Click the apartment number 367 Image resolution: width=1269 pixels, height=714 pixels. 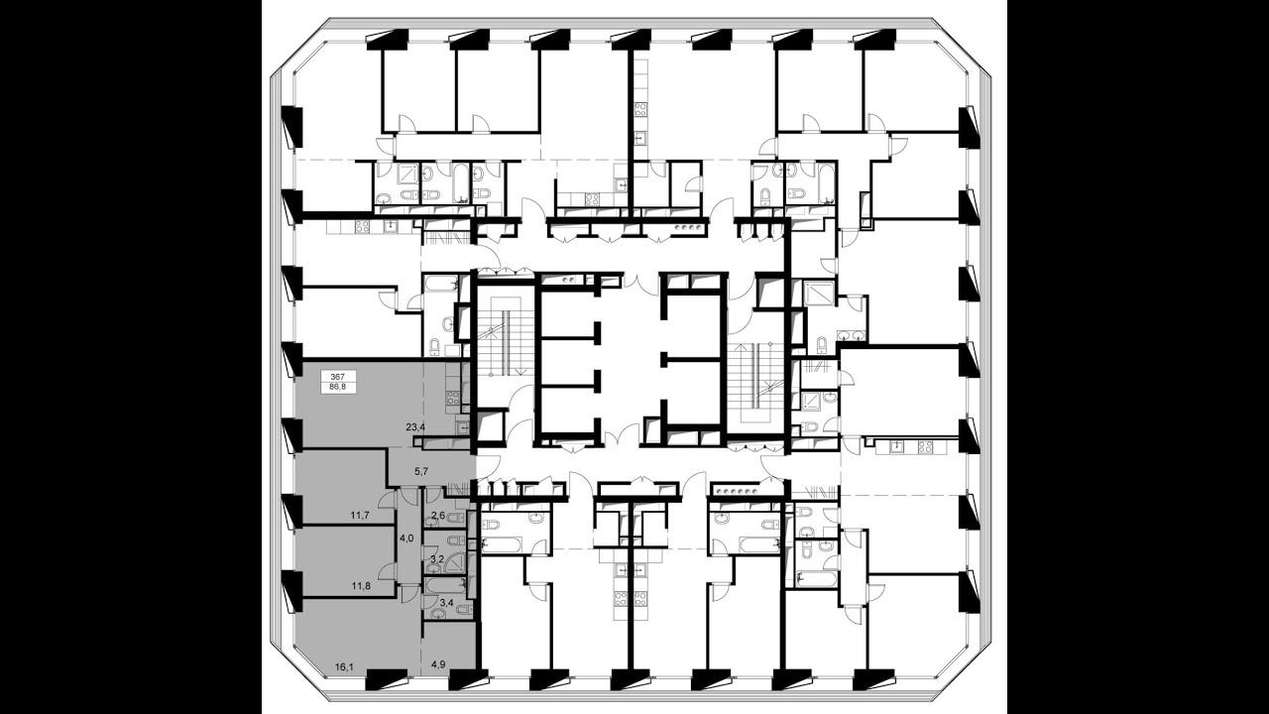coord(338,376)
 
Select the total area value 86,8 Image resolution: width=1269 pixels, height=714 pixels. coord(338,387)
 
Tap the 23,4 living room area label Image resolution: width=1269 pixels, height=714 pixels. coord(415,427)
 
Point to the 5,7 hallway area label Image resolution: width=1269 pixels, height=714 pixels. coord(420,470)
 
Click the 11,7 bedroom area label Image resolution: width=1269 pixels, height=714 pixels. coord(360,515)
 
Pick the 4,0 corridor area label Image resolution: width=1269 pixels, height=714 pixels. coord(406,538)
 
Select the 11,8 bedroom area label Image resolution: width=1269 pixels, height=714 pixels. coord(360,586)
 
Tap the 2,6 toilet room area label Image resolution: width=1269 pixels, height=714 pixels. coord(438,515)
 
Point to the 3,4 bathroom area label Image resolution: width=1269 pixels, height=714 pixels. coord(447,603)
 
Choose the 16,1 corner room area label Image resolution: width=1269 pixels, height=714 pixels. coord(344,668)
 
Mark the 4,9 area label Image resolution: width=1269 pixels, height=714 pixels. coord(437,668)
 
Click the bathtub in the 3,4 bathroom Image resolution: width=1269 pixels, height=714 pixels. coord(446,585)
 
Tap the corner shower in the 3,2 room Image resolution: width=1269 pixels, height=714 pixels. coord(457,561)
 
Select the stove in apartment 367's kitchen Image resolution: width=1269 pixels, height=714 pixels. coord(452,397)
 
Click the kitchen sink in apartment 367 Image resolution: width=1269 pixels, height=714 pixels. coord(463,426)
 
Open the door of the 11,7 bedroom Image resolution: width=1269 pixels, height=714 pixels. coord(388,499)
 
